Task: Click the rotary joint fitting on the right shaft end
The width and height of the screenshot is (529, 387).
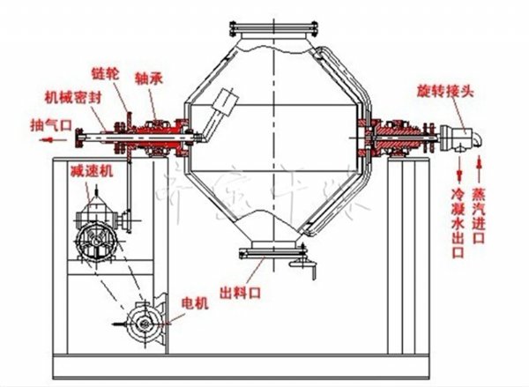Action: coord(458,138)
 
